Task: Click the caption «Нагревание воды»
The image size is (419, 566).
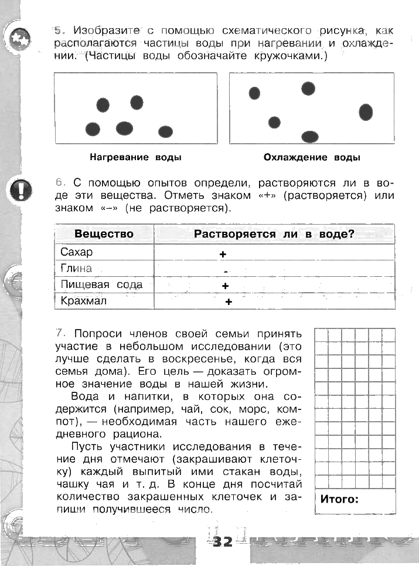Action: (135, 158)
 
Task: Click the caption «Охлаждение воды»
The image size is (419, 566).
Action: (312, 158)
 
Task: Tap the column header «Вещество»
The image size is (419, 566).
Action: (104, 234)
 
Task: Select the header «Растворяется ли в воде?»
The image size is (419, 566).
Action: (274, 234)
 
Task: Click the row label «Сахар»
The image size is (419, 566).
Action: (77, 252)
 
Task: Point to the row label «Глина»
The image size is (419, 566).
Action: (76, 269)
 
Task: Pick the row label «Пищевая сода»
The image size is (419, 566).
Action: (101, 285)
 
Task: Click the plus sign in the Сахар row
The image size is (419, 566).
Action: (223, 255)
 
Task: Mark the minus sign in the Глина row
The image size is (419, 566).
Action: (226, 272)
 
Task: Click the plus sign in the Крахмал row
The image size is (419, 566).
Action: (229, 302)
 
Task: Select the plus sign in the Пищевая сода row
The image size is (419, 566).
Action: (225, 286)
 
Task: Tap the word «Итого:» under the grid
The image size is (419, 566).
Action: (339, 500)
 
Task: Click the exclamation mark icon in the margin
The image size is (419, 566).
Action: (20, 189)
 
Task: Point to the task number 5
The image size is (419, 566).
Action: (58, 30)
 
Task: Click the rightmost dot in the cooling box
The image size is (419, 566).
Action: (366, 111)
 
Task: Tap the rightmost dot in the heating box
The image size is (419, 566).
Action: (166, 131)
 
